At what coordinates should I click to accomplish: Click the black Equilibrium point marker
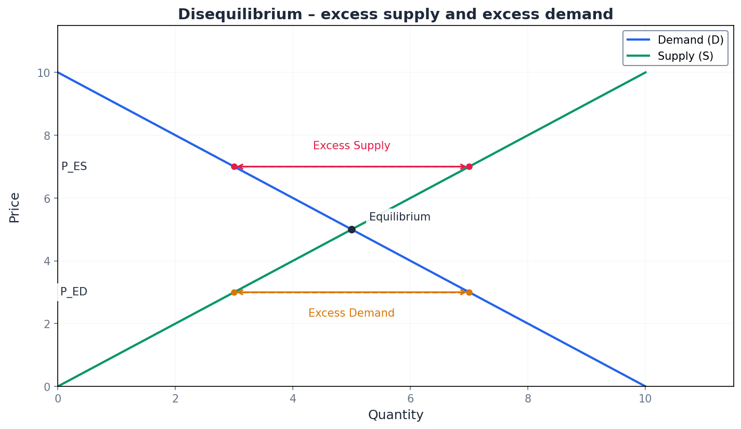point(352,229)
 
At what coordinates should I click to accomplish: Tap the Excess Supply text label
point(352,146)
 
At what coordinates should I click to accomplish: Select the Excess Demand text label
point(352,313)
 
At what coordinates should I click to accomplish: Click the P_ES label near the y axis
point(74,166)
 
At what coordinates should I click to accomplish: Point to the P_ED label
point(74,292)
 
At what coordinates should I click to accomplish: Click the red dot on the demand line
point(234,166)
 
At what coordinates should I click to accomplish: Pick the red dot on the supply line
point(469,166)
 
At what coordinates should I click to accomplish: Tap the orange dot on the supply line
point(234,292)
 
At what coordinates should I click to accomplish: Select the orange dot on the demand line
point(469,292)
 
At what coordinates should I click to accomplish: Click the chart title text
point(395,14)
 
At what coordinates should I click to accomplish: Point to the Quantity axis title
point(396,415)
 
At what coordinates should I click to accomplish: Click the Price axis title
point(15,207)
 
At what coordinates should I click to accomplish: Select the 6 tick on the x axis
point(410,399)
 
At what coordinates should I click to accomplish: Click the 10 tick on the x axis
point(645,399)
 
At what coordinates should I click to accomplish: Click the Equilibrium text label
point(399,217)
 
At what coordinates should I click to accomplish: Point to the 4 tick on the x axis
point(293,399)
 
